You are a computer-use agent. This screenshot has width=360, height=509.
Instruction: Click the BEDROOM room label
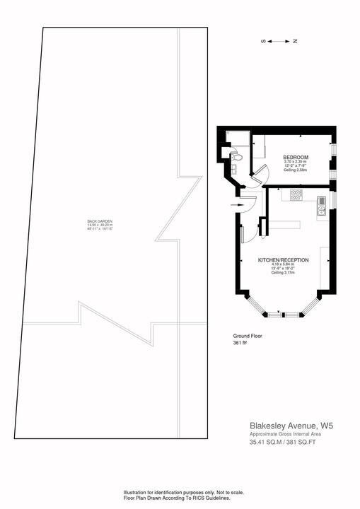[296, 156]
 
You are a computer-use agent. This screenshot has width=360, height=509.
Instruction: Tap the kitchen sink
[321, 204]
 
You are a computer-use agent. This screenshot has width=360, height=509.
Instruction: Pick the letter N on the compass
[295, 42]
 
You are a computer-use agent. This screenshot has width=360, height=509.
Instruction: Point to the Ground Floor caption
[248, 336]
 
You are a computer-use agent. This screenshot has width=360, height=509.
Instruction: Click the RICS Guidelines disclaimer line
[179, 498]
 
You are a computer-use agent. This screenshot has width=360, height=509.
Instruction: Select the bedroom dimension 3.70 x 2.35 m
[296, 162]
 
